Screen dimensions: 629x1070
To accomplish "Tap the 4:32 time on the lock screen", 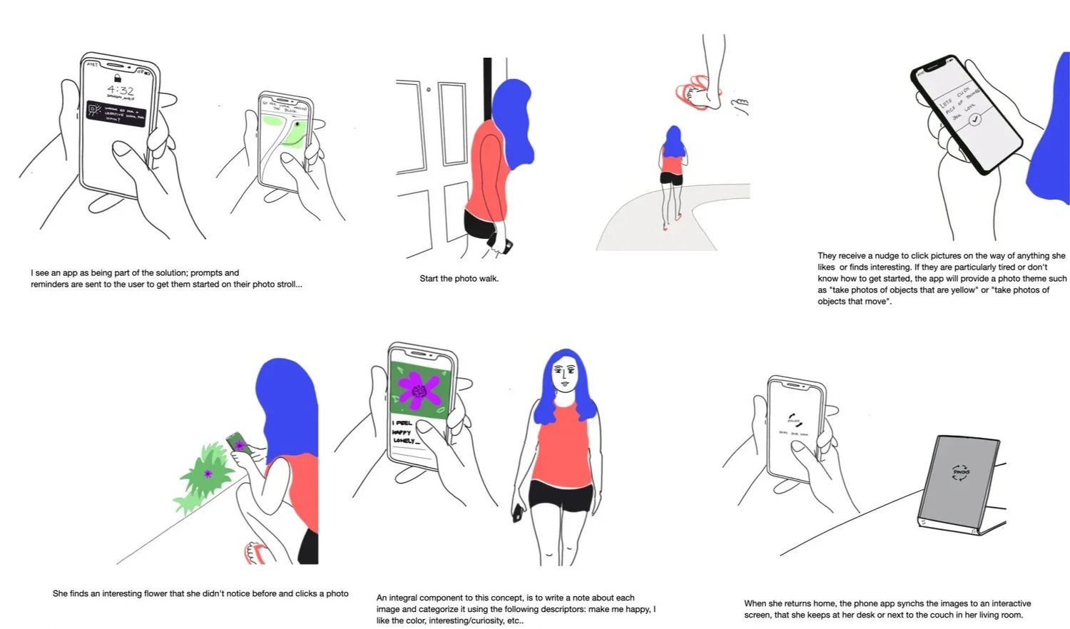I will coord(121,91).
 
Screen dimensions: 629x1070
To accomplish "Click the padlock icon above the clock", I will coord(117,77).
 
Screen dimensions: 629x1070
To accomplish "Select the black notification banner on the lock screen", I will coord(116,113).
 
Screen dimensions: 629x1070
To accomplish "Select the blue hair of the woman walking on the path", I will coord(673,142).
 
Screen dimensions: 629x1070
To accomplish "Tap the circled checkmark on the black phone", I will coord(975,120).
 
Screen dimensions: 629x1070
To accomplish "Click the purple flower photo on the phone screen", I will coord(419,389).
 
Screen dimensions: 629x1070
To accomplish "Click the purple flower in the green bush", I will coord(208,474).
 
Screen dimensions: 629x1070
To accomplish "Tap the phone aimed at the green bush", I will coord(238,443).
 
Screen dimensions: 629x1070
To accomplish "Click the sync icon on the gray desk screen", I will coord(960,472).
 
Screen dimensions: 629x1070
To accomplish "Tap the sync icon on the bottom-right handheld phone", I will coord(795,421).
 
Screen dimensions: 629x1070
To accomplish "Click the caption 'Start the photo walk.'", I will coord(459,279).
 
